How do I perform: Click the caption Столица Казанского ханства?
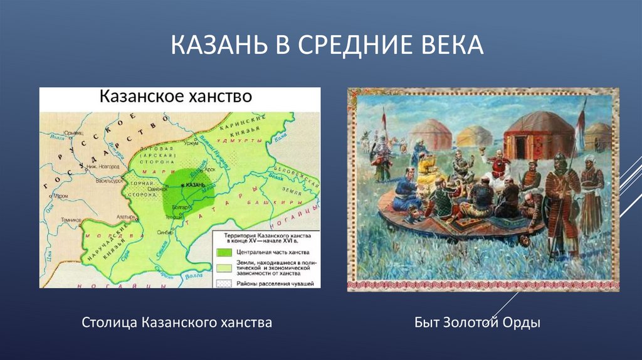[177, 323]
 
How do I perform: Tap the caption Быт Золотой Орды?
[477, 323]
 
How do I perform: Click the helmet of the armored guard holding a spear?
[560, 161]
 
